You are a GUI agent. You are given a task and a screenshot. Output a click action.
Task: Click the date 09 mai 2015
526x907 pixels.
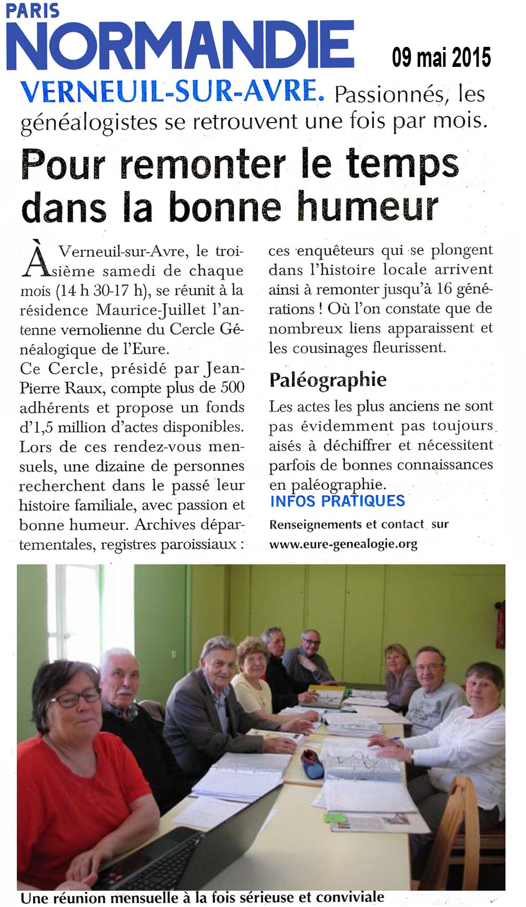tap(441, 57)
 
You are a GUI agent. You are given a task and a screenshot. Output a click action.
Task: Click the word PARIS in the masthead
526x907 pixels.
tap(32, 11)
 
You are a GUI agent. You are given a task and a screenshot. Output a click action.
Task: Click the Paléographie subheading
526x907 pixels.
tap(328, 380)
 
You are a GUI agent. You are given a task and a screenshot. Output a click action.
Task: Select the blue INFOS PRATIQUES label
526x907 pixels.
tap(337, 501)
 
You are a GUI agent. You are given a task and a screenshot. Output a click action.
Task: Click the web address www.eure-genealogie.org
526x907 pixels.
tap(343, 544)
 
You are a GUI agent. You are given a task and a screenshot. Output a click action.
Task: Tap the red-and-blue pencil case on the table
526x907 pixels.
tap(311, 760)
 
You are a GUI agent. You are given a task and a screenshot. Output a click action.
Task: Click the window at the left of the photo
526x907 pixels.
tap(68, 611)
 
